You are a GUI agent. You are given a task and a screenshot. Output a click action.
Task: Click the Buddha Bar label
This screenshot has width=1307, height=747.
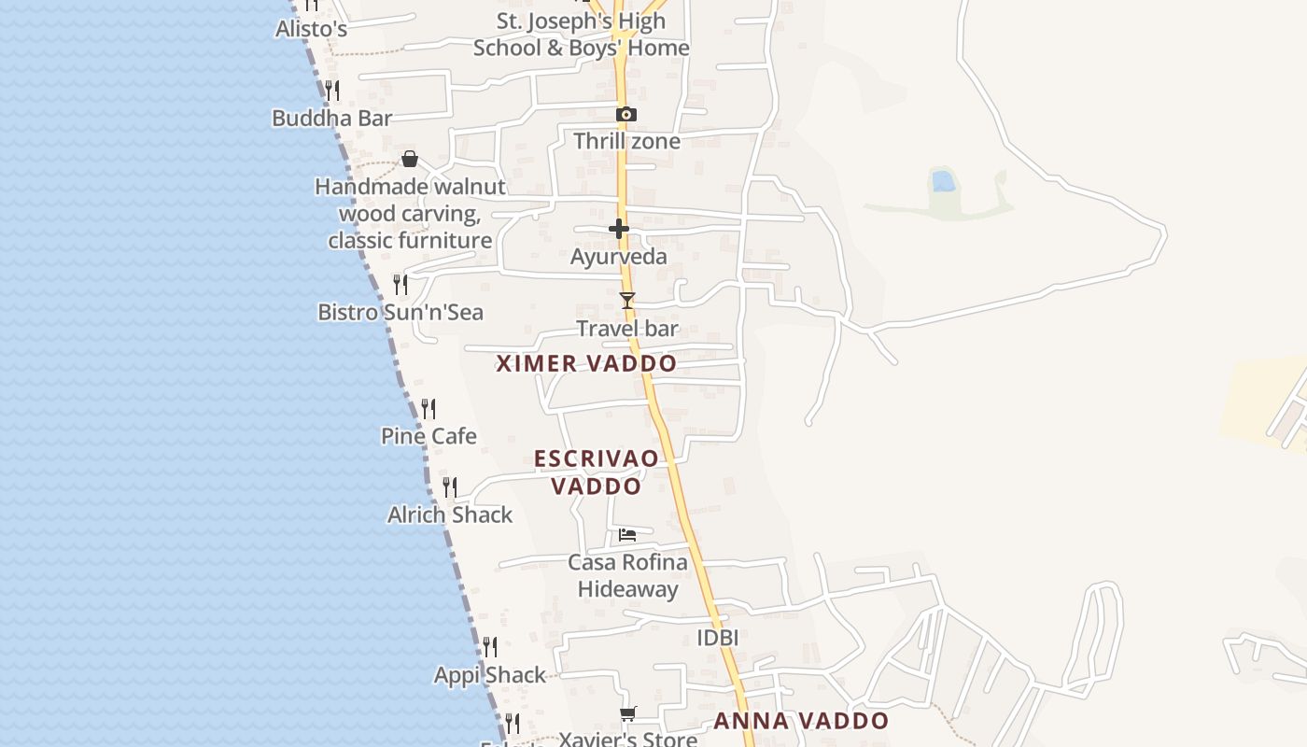pyautogui.click(x=331, y=119)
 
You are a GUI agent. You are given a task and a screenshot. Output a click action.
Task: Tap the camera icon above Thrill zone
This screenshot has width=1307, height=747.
pyautogui.click(x=626, y=115)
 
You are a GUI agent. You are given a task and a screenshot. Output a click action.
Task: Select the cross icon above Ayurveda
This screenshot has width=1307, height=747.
pyautogui.click(x=618, y=229)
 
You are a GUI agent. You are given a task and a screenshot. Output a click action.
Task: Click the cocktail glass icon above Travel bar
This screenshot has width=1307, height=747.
pyautogui.click(x=627, y=301)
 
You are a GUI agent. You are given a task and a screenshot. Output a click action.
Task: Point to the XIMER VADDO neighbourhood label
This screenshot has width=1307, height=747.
pyautogui.click(x=586, y=364)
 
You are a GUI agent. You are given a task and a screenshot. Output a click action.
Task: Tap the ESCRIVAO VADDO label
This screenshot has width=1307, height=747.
pyautogui.click(x=596, y=472)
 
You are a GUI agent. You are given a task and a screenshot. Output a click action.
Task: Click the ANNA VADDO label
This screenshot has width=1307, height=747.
pyautogui.click(x=801, y=721)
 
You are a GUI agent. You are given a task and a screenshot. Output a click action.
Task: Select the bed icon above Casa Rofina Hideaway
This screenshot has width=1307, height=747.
pyautogui.click(x=627, y=535)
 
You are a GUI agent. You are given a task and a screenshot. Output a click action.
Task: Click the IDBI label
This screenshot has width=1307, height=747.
pyautogui.click(x=718, y=638)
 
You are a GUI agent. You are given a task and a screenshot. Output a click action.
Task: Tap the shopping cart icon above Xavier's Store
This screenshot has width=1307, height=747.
pyautogui.click(x=628, y=714)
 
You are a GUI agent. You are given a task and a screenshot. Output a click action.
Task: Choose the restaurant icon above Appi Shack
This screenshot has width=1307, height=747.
pyautogui.click(x=489, y=646)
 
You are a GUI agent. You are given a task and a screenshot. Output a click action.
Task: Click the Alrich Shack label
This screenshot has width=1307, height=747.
pyautogui.click(x=450, y=514)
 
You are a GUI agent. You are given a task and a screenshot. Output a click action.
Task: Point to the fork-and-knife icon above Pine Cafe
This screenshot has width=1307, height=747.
pyautogui.click(x=429, y=408)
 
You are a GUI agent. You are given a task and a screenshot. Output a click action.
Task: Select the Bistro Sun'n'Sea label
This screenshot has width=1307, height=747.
pyautogui.click(x=401, y=312)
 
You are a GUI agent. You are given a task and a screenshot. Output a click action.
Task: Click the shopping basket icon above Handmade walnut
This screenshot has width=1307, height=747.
pyautogui.click(x=409, y=159)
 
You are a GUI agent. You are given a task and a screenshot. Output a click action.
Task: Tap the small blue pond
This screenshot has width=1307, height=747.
pyautogui.click(x=944, y=181)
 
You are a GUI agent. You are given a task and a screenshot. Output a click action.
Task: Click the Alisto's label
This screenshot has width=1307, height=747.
pyautogui.click(x=311, y=29)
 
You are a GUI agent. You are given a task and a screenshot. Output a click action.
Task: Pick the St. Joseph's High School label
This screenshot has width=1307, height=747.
pyautogui.click(x=581, y=35)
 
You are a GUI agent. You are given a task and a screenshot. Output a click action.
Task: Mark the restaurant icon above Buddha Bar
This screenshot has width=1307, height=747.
pyautogui.click(x=331, y=91)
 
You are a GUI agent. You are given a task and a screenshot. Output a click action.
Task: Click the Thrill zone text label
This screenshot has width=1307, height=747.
pyautogui.click(x=626, y=142)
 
